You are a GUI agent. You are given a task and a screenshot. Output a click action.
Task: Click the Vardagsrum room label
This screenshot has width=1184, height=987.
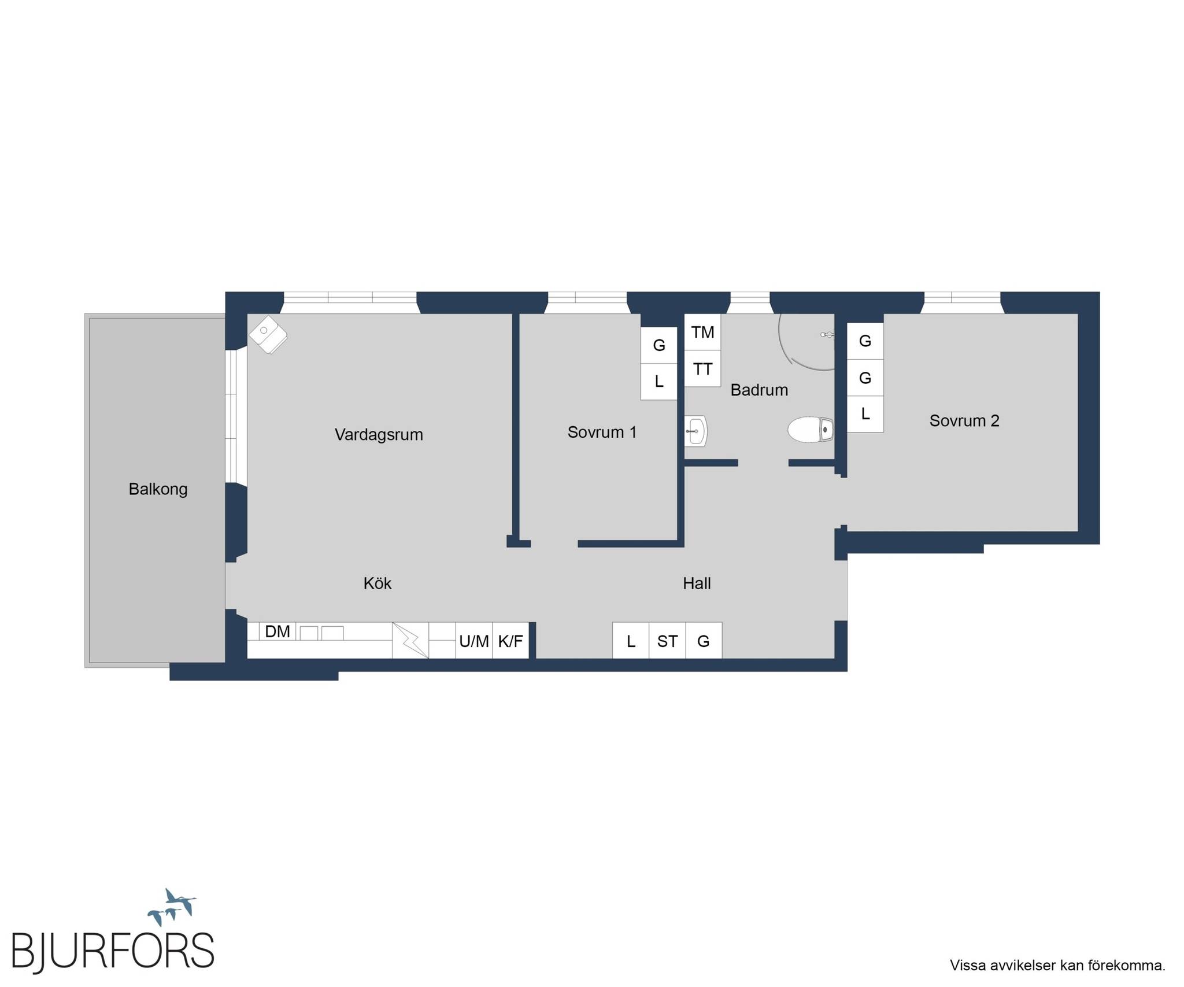(379, 435)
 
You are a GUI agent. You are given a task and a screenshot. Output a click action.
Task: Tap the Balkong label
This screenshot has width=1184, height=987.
(158, 490)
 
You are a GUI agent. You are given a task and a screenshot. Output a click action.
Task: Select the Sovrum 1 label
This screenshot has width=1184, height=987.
(602, 432)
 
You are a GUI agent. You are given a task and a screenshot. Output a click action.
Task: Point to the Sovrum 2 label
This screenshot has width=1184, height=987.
(964, 421)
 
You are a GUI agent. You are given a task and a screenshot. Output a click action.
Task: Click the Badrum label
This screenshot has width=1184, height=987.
(759, 390)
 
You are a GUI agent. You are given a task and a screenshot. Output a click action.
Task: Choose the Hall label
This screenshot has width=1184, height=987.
(697, 583)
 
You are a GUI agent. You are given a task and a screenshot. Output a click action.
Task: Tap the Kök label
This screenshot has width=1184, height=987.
(378, 583)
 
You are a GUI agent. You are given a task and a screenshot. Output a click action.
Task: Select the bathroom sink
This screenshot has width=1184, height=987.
(696, 431)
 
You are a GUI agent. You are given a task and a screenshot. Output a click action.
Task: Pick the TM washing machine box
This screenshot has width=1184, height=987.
(702, 332)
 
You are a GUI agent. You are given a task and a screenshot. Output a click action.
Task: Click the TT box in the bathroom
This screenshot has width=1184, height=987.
(702, 369)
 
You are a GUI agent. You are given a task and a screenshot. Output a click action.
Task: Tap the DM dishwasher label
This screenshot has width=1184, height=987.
(277, 631)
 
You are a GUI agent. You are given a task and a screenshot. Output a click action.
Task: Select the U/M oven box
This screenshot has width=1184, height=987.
(474, 641)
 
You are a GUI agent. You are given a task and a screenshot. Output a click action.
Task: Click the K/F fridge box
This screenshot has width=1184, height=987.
(510, 641)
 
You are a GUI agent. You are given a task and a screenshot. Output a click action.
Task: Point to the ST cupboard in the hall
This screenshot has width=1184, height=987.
(667, 641)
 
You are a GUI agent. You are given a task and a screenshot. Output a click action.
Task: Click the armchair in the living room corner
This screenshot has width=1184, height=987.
(268, 334)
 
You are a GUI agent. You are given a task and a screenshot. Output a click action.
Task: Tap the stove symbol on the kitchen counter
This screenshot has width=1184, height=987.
(410, 641)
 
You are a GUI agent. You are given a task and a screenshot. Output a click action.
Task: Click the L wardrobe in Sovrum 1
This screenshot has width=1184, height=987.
(658, 382)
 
